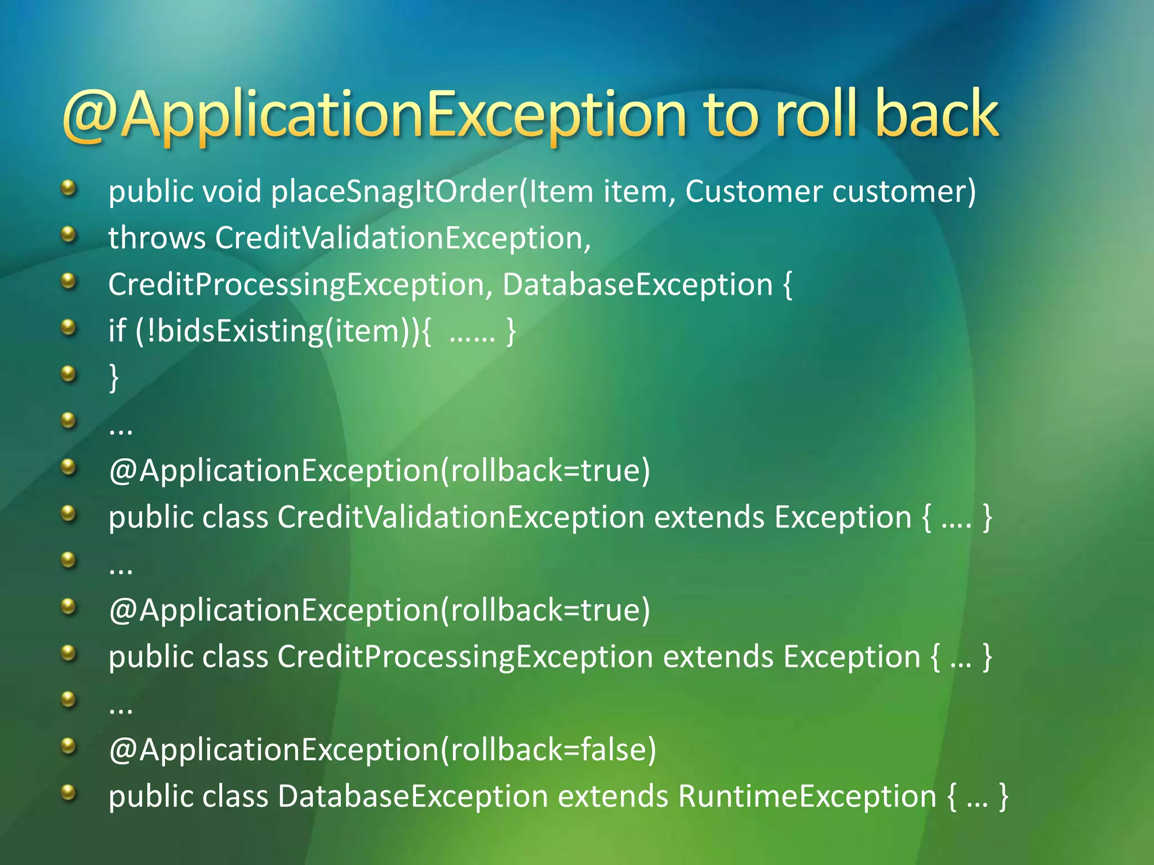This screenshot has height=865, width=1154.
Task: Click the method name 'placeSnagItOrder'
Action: coord(394,191)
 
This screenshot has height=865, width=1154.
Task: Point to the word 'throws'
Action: coord(157,238)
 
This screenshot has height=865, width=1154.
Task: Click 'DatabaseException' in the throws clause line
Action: coord(637,284)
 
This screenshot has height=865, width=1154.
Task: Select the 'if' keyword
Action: coord(117,331)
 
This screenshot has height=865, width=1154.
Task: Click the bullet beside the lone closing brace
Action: coord(68,373)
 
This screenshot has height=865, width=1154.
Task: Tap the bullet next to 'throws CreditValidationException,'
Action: coord(68,234)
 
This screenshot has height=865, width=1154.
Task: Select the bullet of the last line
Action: coord(68,792)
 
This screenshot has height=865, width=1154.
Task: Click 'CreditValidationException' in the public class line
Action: coord(460,517)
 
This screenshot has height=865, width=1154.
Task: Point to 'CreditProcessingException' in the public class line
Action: coord(465,657)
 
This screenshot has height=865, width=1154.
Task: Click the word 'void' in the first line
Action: coord(232,191)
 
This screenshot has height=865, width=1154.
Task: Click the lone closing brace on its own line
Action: coord(114,377)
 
